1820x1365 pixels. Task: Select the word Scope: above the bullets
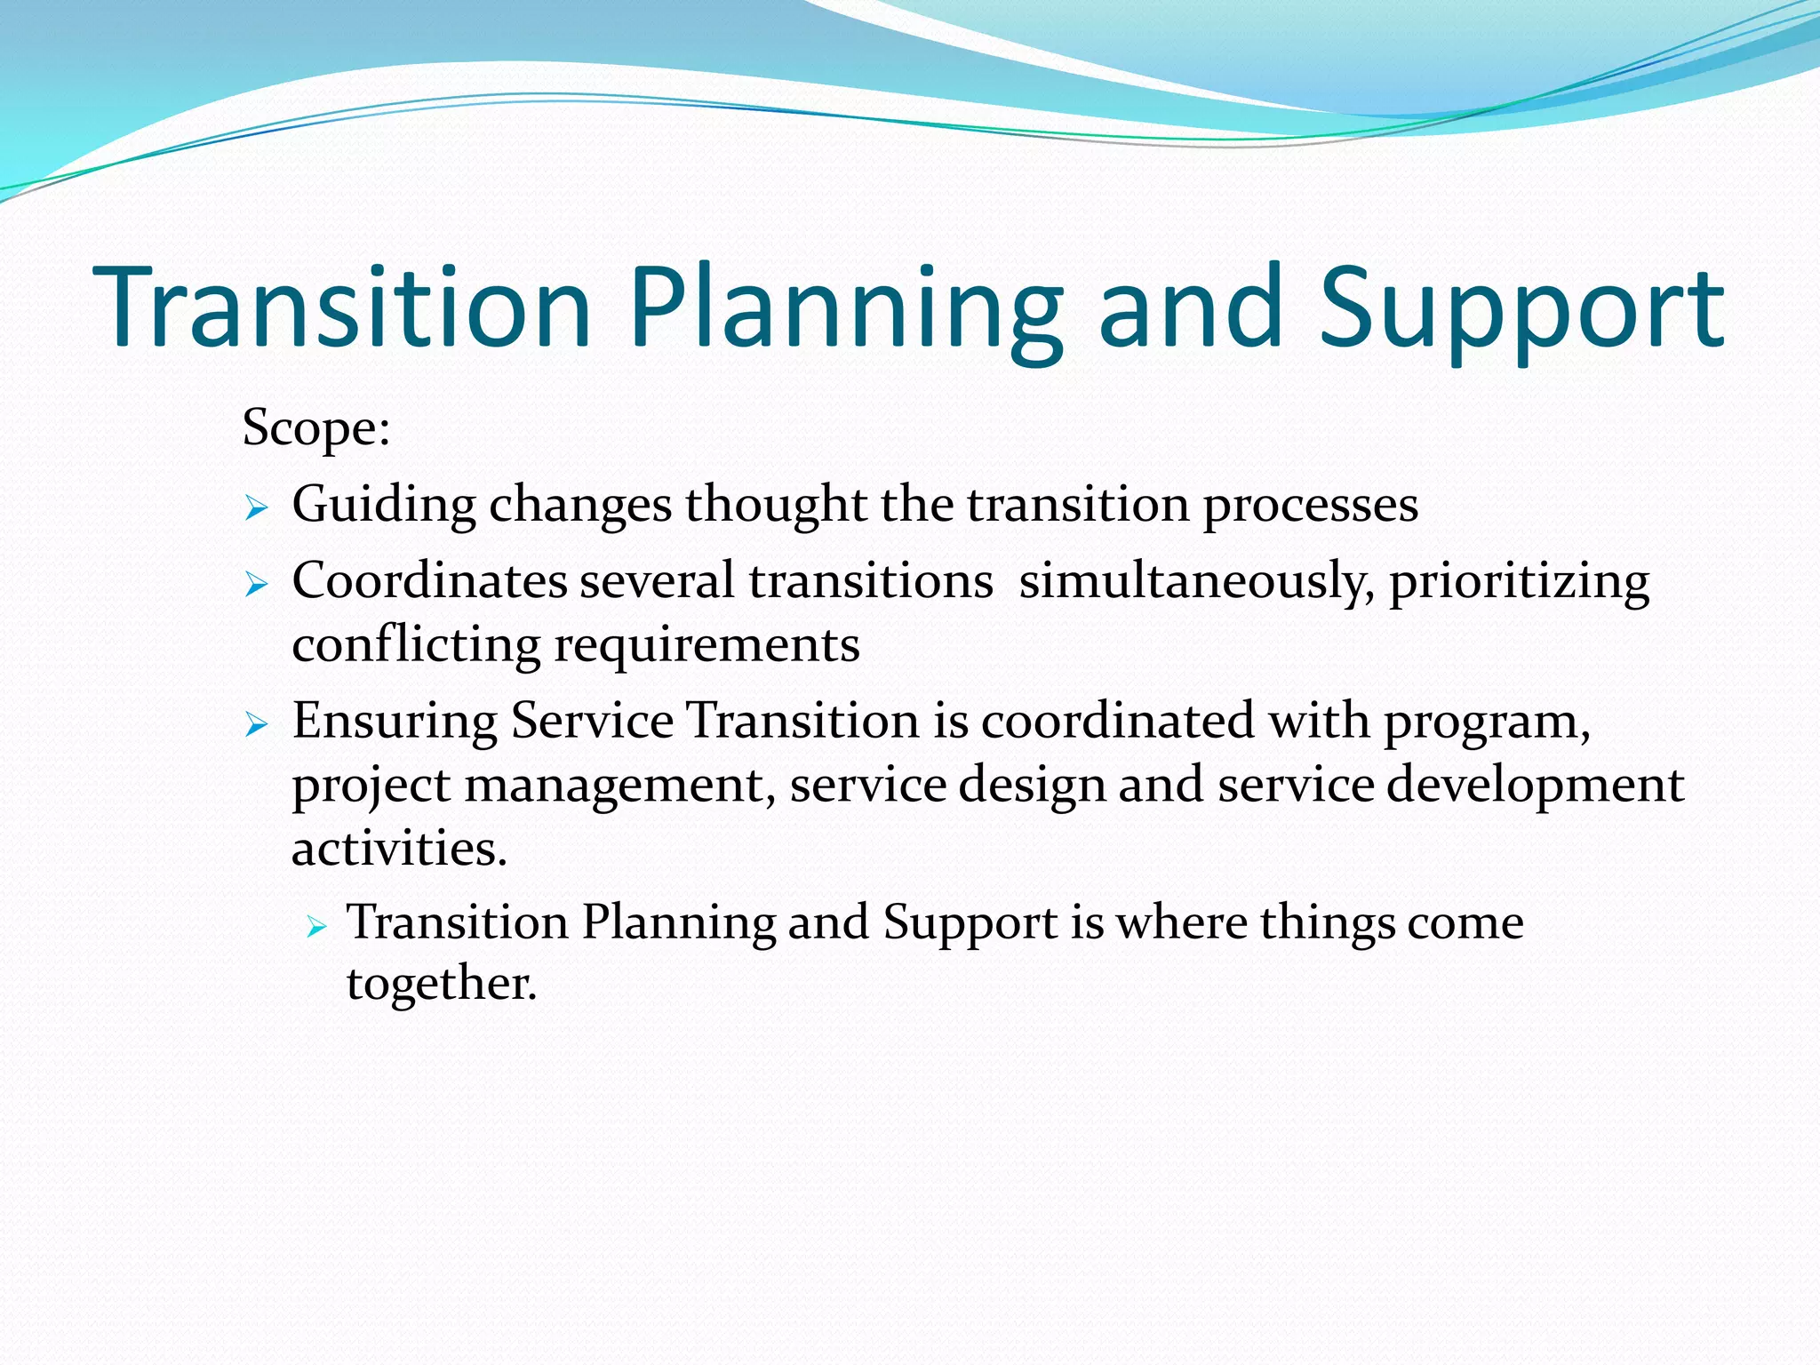[316, 428]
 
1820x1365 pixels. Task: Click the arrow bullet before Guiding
[256, 508]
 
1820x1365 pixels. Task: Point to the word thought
[775, 505]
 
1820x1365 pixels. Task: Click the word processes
[1310, 505]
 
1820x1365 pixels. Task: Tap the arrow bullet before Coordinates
[256, 585]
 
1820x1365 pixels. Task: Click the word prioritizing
[1519, 582]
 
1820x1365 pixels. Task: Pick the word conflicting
[416, 645]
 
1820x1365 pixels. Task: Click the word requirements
[707, 645]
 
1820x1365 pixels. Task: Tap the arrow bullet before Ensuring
[256, 724]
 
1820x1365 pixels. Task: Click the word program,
[1487, 722]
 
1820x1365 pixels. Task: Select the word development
[1535, 786]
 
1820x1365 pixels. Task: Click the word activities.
[399, 848]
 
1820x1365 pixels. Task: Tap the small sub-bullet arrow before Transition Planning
[317, 928]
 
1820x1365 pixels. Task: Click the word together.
[442, 984]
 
